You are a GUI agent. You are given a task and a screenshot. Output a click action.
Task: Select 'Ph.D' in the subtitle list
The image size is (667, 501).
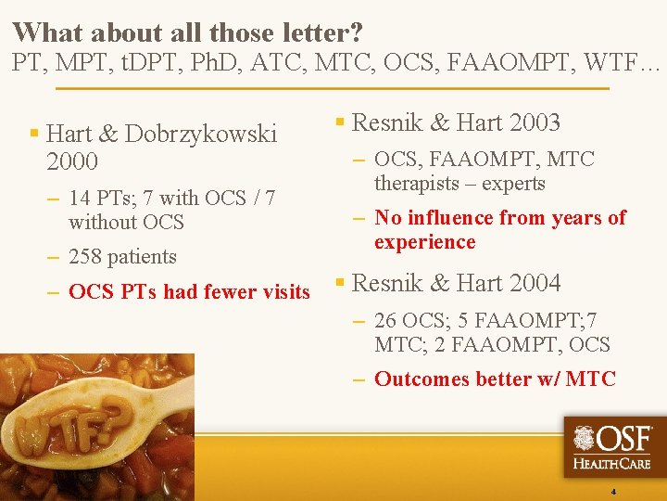(220, 64)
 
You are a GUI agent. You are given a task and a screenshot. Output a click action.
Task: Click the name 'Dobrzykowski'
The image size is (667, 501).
(200, 135)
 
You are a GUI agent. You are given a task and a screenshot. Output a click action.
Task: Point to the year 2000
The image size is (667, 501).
(72, 161)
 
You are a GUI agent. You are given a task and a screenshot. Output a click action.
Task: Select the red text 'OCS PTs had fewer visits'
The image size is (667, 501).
(189, 292)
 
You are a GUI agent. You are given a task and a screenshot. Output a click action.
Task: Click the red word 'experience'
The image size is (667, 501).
(424, 242)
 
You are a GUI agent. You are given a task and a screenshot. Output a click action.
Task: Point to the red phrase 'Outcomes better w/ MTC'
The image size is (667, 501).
(495, 379)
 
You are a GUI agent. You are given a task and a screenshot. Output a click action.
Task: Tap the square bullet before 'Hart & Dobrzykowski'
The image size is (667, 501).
(33, 134)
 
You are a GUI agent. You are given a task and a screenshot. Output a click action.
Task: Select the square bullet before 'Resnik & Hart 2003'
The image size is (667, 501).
(340, 122)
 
